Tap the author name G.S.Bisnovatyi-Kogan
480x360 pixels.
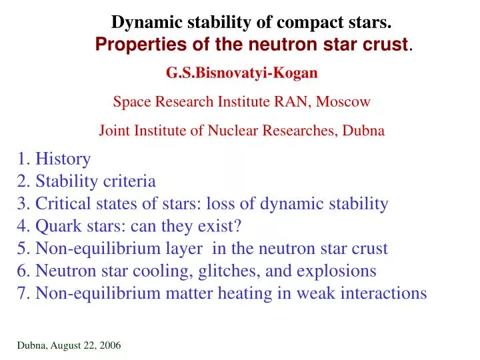[241, 73]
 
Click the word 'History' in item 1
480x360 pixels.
[63, 159]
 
